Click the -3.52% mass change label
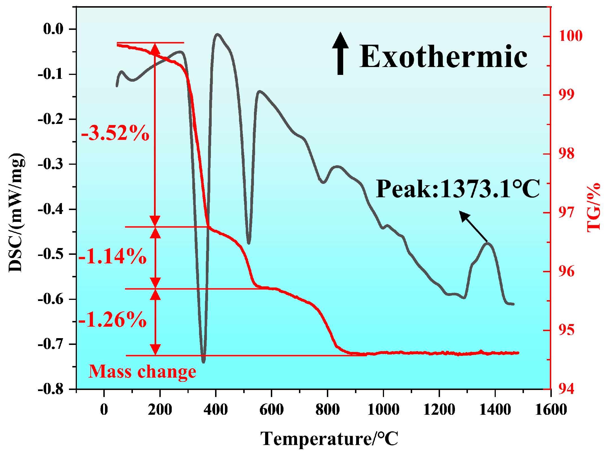click(x=115, y=133)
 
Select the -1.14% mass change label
click(x=113, y=256)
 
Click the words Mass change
click(x=142, y=372)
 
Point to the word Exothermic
click(x=443, y=57)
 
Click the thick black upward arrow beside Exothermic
click(x=340, y=53)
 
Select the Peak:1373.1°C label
click(x=457, y=189)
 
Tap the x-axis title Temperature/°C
click(x=329, y=439)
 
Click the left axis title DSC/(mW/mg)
click(x=16, y=213)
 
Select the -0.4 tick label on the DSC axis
click(x=51, y=209)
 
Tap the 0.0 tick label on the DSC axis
click(x=53, y=29)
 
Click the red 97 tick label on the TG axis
click(x=566, y=213)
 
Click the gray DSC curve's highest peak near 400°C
click(x=217, y=34)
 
